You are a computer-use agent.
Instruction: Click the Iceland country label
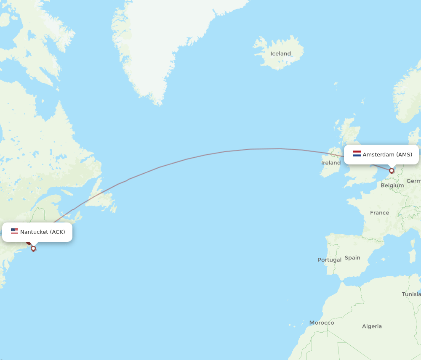(x=280, y=53)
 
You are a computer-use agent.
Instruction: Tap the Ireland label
(x=331, y=163)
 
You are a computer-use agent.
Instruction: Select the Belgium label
(x=392, y=185)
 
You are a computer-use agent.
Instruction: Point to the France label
(x=379, y=213)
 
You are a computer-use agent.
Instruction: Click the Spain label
(x=352, y=258)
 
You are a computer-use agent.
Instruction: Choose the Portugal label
(x=329, y=260)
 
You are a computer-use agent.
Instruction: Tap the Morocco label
(x=322, y=323)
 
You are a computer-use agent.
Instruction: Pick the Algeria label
(x=372, y=326)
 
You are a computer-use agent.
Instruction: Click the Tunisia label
(x=411, y=294)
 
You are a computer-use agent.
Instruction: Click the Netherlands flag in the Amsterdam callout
(x=357, y=154)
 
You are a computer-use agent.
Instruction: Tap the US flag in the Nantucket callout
(x=15, y=231)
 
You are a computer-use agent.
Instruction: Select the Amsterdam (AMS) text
(x=387, y=155)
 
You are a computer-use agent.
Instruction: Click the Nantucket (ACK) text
(x=43, y=232)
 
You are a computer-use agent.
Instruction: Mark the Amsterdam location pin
(x=392, y=171)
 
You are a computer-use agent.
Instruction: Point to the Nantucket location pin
(x=33, y=248)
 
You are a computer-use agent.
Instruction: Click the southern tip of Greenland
(x=158, y=102)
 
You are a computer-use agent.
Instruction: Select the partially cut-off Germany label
(x=414, y=181)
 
